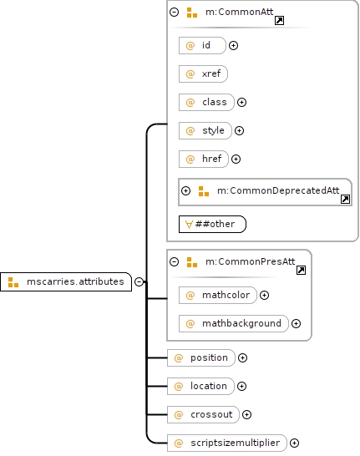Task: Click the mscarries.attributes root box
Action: coord(66,281)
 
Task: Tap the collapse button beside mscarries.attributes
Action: coord(139,281)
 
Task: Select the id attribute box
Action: coord(202,45)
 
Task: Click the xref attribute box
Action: coord(203,73)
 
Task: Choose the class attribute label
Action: coord(215,102)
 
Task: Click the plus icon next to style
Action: coord(240,130)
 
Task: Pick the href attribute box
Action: coord(204,159)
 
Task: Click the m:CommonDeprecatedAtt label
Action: coord(278,190)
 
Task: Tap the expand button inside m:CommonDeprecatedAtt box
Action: coord(185,190)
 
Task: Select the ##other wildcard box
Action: coord(212,224)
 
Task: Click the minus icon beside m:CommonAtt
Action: coord(175,12)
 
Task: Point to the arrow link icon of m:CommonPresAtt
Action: coord(301,270)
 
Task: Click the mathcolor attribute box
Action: coord(218,295)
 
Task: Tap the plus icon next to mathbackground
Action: coord(296,324)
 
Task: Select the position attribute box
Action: coord(201,357)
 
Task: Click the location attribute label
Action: coord(209,386)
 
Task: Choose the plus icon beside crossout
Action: coord(246,415)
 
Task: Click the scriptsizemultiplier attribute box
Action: coord(227,443)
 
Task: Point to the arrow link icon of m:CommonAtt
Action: coord(280,21)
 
